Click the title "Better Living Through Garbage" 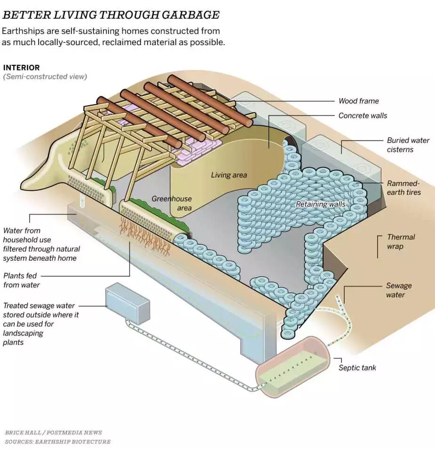(111, 15)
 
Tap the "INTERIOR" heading (22, 68)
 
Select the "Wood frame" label (358, 101)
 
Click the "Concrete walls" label (363, 116)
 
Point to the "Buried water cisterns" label (408, 145)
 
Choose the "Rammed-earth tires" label (404, 187)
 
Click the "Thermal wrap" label (401, 241)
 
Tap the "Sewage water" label (398, 290)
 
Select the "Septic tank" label (357, 368)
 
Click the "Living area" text (229, 175)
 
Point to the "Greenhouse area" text (172, 203)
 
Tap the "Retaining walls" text (320, 204)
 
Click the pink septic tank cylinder (291, 366)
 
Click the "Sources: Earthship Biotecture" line (58, 441)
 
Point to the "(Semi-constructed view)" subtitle (45, 77)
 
